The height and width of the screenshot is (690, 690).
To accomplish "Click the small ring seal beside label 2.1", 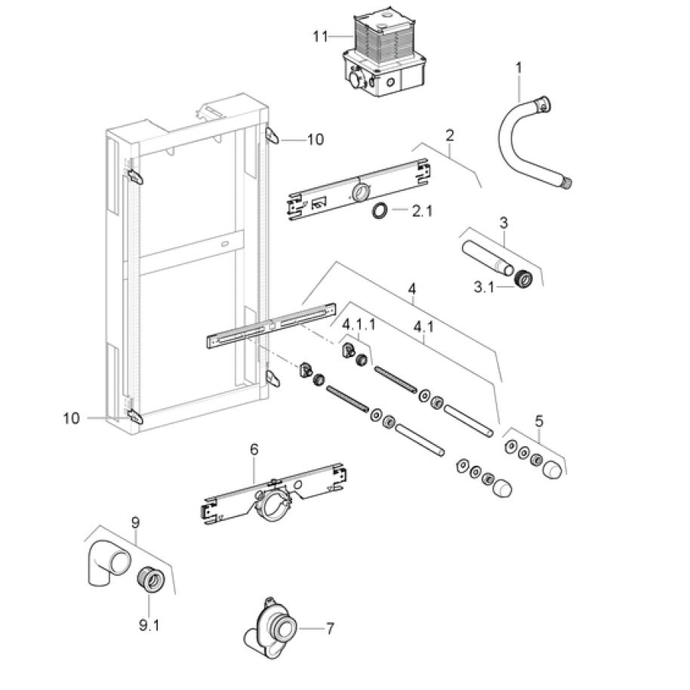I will pos(381,211).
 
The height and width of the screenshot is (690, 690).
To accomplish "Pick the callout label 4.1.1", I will pos(359,324).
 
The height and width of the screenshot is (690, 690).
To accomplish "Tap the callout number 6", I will pos(254,449).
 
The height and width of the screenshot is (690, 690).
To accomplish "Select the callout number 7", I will pos(329,627).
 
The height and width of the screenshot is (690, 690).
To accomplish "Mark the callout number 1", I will pos(519,68).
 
